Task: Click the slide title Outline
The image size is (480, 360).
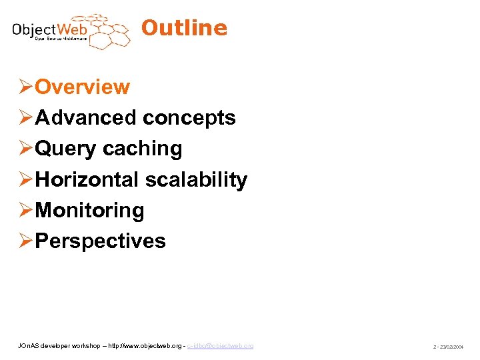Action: [184, 28]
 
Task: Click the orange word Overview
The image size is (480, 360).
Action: [82, 87]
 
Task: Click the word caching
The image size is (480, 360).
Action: [142, 149]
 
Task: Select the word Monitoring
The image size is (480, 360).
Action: [89, 210]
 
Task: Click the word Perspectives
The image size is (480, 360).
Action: [100, 241]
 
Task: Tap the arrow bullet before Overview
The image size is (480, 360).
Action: [25, 87]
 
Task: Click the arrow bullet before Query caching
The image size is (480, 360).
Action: [25, 149]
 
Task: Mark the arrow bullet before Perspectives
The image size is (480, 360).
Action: [25, 241]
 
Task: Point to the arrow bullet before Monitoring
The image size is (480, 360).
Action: [25, 210]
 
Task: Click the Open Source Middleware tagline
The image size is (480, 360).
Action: [60, 39]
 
